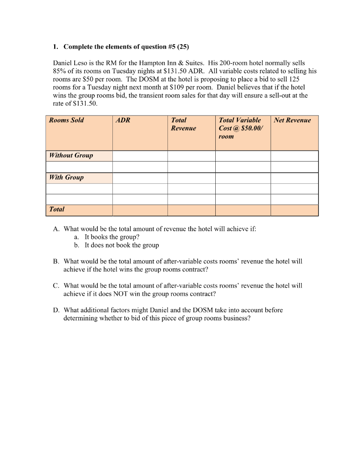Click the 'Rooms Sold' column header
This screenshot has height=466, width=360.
66,120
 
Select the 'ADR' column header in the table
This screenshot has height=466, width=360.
123,120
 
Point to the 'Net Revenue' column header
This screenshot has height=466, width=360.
292,120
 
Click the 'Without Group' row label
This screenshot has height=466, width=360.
71,156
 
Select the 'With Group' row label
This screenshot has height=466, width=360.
66,177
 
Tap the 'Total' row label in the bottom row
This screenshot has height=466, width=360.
57,209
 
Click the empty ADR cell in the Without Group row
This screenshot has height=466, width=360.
140,156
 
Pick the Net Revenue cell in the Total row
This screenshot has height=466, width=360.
294,210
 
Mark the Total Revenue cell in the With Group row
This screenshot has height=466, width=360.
191,177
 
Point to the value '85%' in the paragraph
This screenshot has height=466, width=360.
60,71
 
